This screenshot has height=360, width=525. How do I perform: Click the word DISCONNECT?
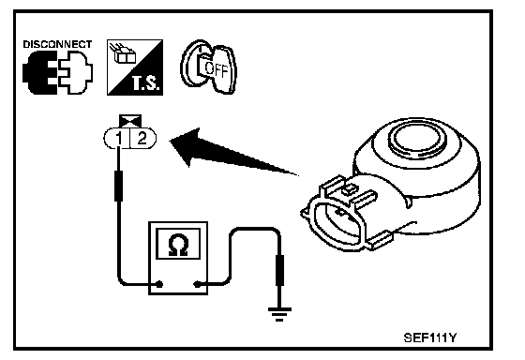[x=57, y=45]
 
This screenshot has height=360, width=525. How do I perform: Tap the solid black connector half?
[x=39, y=73]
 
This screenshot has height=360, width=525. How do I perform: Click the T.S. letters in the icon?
[x=145, y=83]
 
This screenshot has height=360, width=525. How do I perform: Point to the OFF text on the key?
[x=216, y=69]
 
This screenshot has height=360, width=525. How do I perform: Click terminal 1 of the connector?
[x=118, y=138]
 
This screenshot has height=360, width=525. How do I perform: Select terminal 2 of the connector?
[x=142, y=138]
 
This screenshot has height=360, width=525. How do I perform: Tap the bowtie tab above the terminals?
[x=130, y=121]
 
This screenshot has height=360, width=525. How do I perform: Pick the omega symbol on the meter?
[x=178, y=245]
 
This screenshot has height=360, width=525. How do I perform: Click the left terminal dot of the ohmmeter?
[x=159, y=285]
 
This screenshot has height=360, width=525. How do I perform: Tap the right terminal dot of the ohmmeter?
[x=197, y=285]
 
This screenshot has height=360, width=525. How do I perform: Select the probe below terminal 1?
[x=118, y=186]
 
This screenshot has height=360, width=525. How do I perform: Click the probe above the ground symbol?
[x=279, y=270]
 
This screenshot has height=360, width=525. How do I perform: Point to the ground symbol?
[x=279, y=314]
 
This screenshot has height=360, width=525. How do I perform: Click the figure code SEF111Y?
[x=430, y=337]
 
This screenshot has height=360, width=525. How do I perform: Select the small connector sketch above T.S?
[x=124, y=53]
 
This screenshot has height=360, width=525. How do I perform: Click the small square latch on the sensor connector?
[x=349, y=190]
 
